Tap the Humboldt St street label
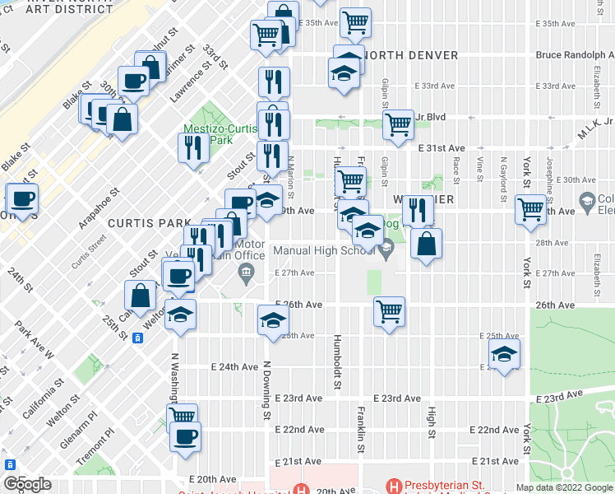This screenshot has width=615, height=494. coord(337,363)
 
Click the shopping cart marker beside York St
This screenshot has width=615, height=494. coord(530,209)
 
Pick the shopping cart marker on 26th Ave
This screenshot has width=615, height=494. coord(389,311)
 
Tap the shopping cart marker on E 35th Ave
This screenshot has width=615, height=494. coord(355,22)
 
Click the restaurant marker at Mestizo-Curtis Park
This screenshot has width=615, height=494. coord(192,147)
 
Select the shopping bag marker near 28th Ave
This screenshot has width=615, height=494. coord(426,243)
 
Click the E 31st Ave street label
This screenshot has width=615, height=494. coord(442,148)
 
